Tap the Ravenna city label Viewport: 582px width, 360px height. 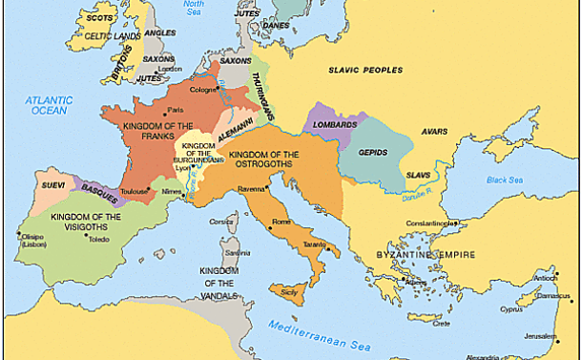[x=251, y=189]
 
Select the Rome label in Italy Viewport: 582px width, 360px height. [x=281, y=222]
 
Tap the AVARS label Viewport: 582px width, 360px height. [x=434, y=133]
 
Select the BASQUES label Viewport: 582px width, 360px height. [x=99, y=194]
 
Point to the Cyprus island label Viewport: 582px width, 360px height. [x=510, y=311]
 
